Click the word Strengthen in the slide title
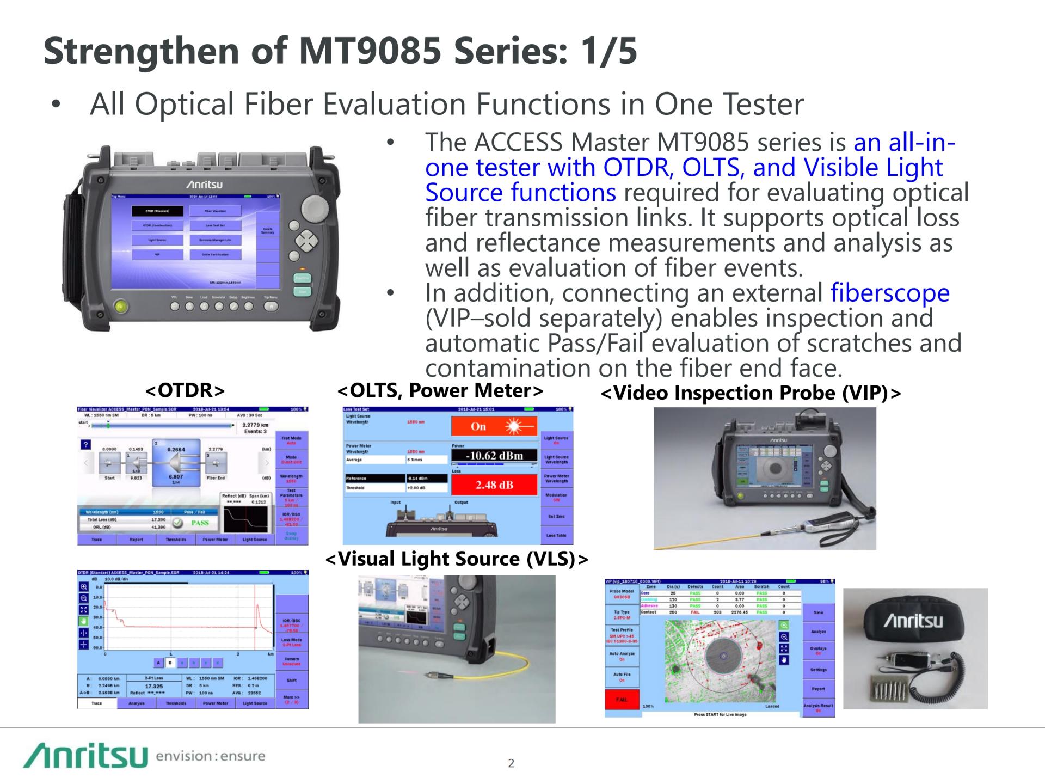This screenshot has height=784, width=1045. (142, 51)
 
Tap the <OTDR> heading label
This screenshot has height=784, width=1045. (185, 390)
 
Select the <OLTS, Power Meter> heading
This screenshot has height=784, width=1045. (440, 390)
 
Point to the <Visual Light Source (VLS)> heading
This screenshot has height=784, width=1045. (457, 559)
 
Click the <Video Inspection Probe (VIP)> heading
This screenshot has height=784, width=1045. (751, 393)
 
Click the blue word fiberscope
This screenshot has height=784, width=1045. (890, 293)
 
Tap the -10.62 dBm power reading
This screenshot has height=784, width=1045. (494, 455)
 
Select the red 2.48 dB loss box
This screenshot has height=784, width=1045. (494, 485)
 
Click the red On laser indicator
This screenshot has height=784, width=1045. (494, 426)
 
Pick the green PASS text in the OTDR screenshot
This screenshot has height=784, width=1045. (200, 523)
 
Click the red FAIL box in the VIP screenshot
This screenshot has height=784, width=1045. (622, 700)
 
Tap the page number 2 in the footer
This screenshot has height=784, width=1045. (511, 763)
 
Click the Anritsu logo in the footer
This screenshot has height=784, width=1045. (85, 755)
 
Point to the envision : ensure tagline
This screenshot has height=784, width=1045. (210, 756)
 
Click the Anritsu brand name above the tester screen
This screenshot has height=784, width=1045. (205, 185)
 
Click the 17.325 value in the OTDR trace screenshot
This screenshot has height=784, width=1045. (154, 686)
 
